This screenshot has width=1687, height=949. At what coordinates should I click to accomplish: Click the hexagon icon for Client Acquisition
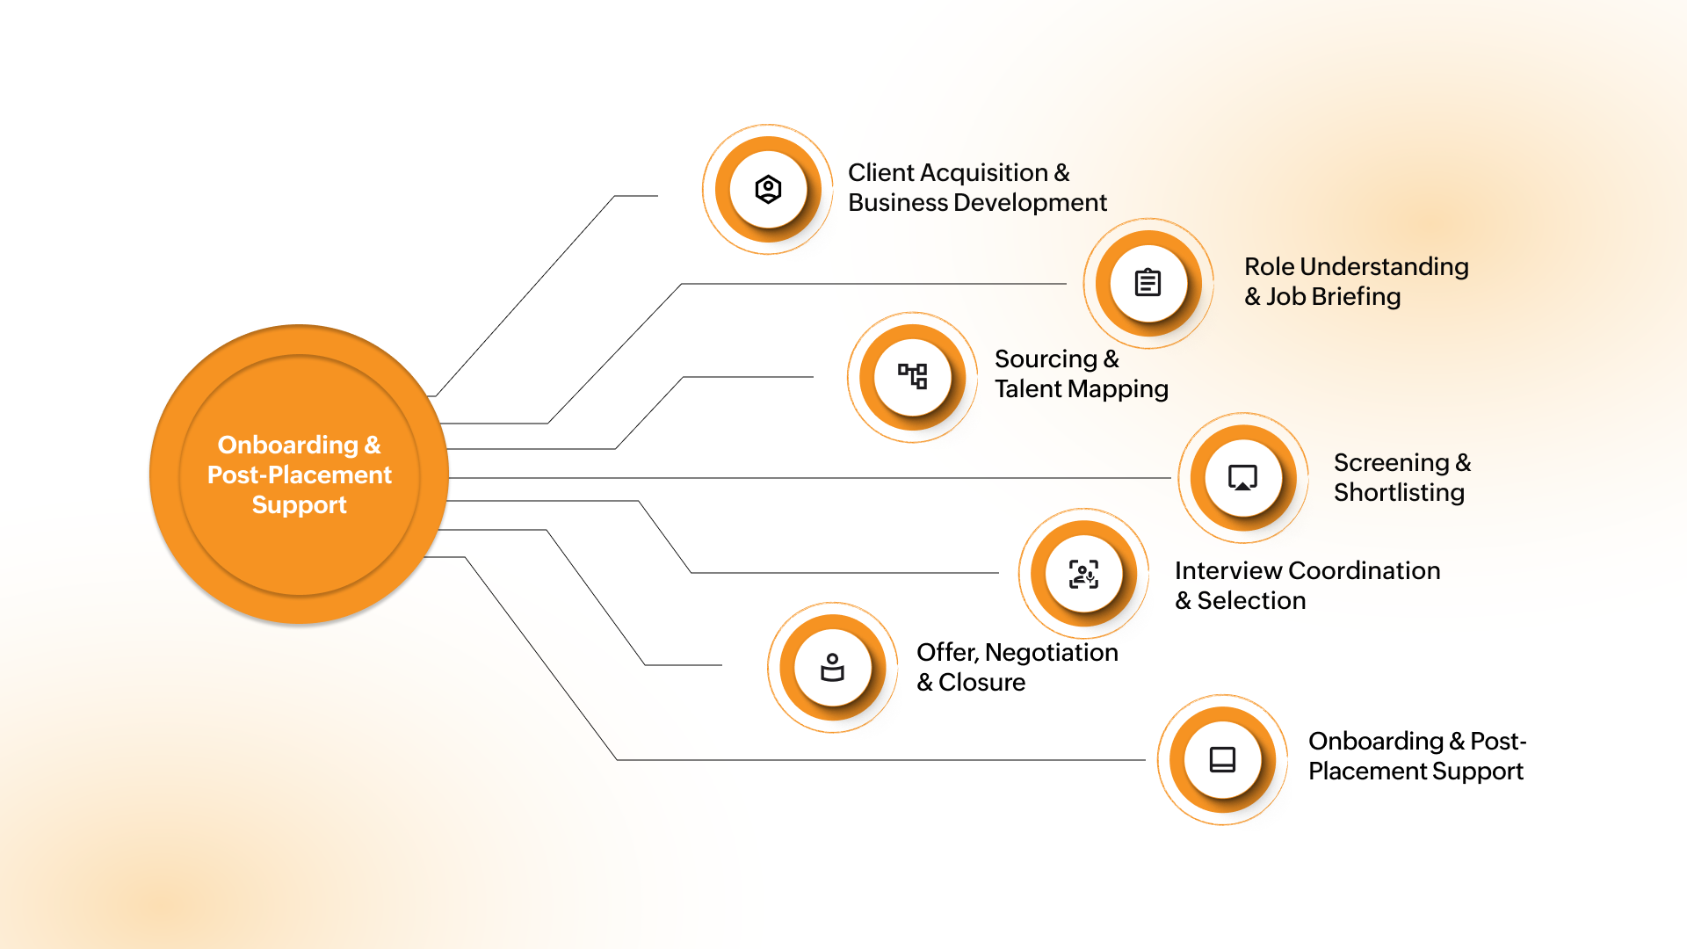pos(768,189)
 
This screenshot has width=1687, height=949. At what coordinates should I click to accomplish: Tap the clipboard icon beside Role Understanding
pos(1148,283)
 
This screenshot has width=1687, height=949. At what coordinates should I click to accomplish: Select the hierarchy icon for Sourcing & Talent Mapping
pos(912,376)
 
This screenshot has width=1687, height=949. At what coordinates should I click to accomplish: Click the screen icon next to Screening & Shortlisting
pos(1242,478)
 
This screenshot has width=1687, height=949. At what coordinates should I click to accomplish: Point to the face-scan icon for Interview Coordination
pos(1083,574)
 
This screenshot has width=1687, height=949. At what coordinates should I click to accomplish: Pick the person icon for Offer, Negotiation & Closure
pos(832,668)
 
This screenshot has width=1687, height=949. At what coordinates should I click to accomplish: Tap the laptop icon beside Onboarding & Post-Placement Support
pos(1222,759)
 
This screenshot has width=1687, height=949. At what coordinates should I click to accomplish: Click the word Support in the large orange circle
pos(299,505)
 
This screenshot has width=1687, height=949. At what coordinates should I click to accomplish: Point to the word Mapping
pos(1117,389)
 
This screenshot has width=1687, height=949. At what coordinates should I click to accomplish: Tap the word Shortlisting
pos(1399,493)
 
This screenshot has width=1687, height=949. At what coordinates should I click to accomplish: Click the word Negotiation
pos(1051,653)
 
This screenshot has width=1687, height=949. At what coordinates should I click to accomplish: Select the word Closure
pos(981,683)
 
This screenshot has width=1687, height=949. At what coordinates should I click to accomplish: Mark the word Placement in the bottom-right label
pos(1363,772)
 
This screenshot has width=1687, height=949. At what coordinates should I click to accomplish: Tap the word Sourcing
pos(1046,359)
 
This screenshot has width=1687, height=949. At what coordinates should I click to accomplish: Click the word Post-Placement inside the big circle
pos(299,475)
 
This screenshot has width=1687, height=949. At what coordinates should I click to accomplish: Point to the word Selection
pos(1251,601)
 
